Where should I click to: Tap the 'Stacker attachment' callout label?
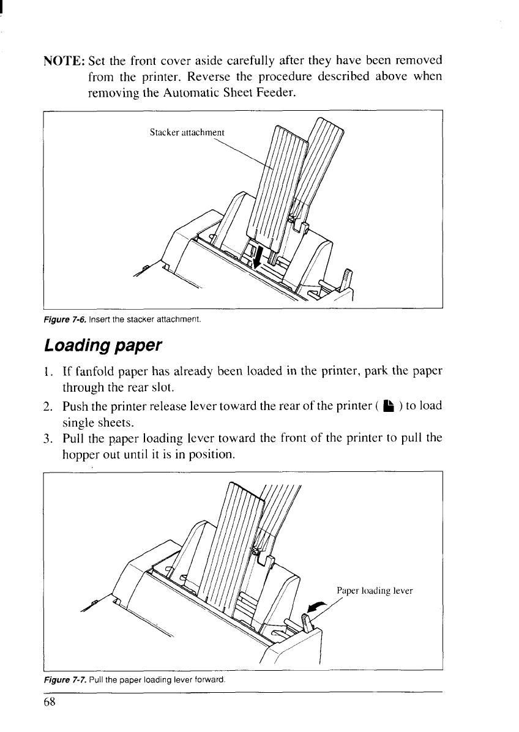pyautogui.click(x=187, y=132)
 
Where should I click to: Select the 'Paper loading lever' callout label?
pyautogui.click(x=375, y=591)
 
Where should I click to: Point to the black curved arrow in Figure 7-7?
pyautogui.click(x=316, y=607)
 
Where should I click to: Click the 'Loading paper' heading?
pyautogui.click(x=102, y=345)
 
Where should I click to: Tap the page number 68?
pyautogui.click(x=50, y=703)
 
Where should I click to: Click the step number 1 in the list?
pyautogui.click(x=48, y=373)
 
